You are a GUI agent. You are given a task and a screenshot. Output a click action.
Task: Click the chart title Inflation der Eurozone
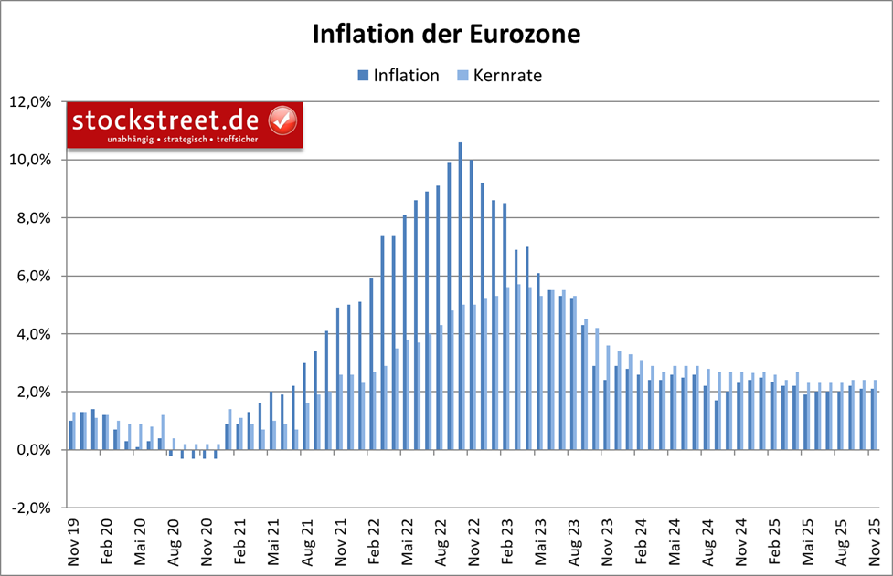(x=446, y=35)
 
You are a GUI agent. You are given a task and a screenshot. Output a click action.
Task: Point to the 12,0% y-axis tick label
(x=34, y=101)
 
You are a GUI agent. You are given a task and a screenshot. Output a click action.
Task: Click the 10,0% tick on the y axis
(x=34, y=160)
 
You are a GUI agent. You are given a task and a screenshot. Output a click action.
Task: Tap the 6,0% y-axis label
(x=37, y=276)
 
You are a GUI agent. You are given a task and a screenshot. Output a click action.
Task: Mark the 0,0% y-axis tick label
(x=37, y=450)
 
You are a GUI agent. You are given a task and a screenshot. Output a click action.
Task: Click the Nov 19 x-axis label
(x=74, y=546)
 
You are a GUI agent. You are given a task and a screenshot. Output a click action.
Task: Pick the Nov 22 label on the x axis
(x=473, y=546)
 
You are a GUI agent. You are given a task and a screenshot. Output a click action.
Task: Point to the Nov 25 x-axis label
(x=873, y=546)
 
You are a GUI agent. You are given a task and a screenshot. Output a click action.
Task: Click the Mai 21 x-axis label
(x=273, y=546)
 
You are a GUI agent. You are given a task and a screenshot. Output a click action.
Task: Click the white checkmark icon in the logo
(x=282, y=120)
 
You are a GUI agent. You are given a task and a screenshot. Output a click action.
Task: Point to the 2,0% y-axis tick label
(x=37, y=392)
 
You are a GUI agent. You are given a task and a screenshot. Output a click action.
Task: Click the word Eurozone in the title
(x=526, y=35)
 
